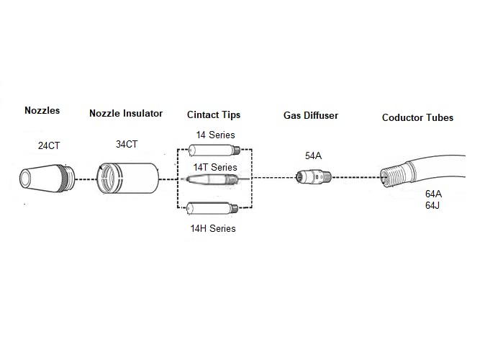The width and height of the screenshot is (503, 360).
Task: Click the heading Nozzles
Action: (42, 110)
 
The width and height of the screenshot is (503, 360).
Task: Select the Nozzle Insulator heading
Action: (126, 113)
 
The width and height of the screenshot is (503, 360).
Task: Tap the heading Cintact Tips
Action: (214, 115)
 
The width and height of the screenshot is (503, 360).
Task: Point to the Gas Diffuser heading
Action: (311, 115)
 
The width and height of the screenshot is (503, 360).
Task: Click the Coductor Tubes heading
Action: (417, 118)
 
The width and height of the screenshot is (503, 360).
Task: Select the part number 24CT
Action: (49, 145)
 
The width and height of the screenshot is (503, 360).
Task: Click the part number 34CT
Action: (127, 145)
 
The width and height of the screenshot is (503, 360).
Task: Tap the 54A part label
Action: (313, 156)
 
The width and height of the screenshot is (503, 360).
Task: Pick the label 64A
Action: (433, 194)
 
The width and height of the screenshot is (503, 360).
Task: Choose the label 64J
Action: (432, 205)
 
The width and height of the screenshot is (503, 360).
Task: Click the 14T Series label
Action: (215, 167)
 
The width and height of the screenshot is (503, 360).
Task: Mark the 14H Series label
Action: (213, 228)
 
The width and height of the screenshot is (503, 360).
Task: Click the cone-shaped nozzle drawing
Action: (47, 179)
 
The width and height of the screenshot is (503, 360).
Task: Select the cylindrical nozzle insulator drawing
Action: (127, 179)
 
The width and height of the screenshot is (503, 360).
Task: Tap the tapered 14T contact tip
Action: (212, 179)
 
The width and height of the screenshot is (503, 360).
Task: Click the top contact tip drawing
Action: (214, 150)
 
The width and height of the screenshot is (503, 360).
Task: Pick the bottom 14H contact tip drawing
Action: (212, 208)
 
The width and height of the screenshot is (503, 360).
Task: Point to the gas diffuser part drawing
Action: (313, 177)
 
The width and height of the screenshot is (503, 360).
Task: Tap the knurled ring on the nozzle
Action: (68, 179)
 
